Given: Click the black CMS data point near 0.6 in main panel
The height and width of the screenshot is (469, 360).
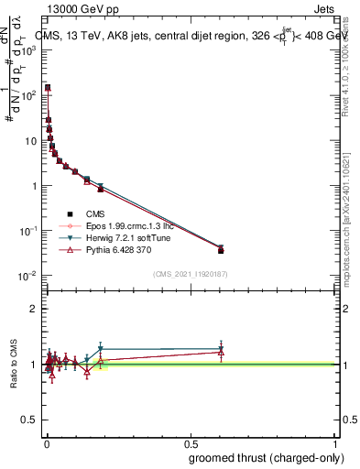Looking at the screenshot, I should coord(221,250).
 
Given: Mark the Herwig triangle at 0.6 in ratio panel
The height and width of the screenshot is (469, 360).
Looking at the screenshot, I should coord(221,349).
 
